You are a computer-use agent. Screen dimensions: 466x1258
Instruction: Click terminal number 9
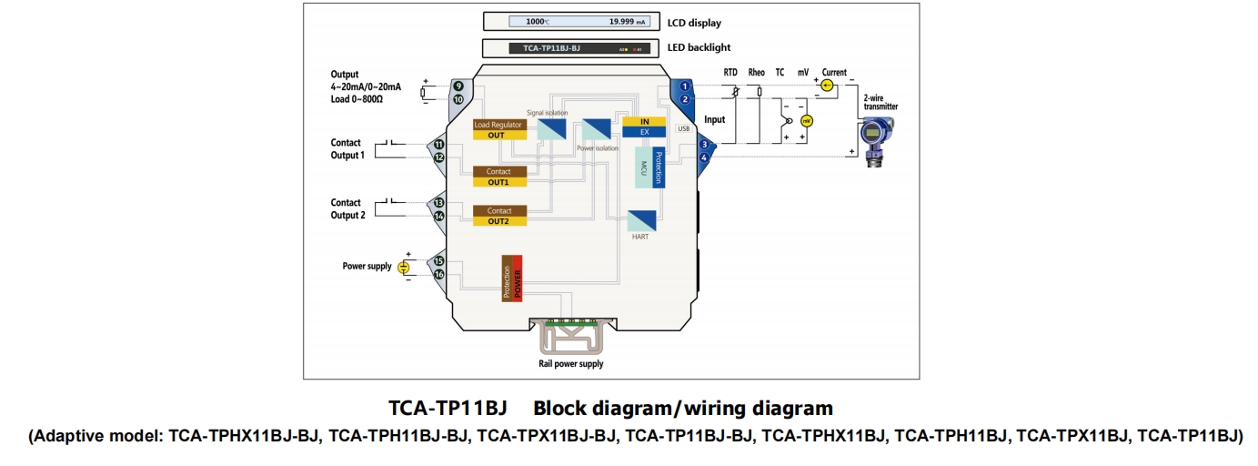[458, 86]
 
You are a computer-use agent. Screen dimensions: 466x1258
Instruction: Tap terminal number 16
[438, 274]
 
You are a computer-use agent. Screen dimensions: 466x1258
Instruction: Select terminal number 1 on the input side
[685, 86]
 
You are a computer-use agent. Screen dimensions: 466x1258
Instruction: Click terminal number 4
[704, 157]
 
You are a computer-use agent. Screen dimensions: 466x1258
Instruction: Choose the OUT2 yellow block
[498, 221]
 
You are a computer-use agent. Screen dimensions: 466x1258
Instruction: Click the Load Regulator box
[498, 125]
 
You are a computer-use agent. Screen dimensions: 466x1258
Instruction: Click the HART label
[640, 237]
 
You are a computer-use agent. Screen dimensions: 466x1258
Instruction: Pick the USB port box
[684, 128]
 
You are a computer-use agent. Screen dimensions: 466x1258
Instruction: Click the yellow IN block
[645, 121]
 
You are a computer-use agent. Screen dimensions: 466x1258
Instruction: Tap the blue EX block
[645, 132]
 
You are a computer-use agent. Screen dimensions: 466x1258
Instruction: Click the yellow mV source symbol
[806, 120]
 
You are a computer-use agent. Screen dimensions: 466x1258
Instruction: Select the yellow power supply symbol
[405, 267]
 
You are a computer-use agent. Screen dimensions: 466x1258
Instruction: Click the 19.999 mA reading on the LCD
[628, 21]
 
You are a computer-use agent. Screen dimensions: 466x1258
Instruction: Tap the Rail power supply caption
[570, 364]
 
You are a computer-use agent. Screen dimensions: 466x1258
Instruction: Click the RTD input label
[730, 72]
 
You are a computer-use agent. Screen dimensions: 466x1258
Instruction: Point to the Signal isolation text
[548, 113]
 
